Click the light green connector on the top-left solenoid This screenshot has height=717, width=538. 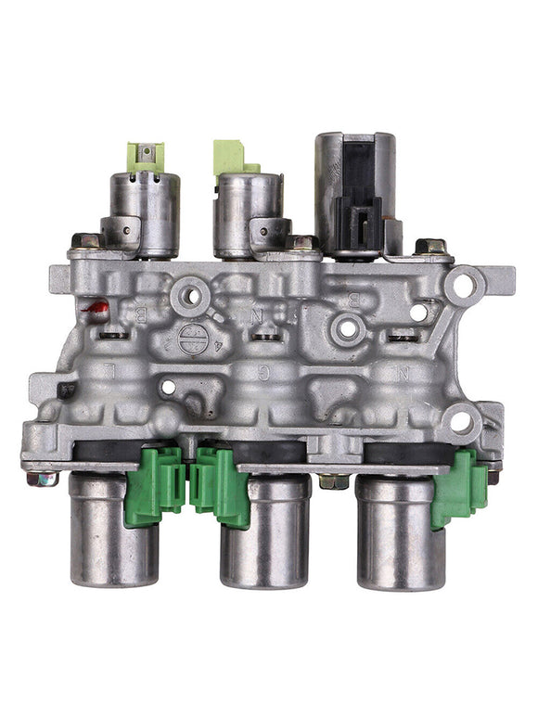click(147, 156)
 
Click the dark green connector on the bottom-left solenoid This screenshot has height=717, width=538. click(155, 483)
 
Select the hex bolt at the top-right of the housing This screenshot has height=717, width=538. click(431, 248)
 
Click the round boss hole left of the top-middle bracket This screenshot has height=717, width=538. click(190, 295)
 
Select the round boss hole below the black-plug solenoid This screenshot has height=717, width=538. click(349, 326)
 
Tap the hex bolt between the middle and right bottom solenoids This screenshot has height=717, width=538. click(329, 480)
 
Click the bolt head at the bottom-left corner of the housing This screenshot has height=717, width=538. click(40, 479)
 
